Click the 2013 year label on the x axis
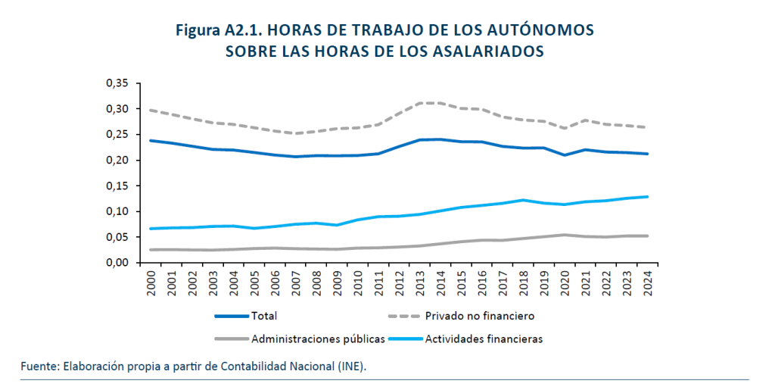(x=418, y=285)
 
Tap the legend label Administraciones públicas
(x=318, y=339)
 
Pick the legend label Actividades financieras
(x=484, y=339)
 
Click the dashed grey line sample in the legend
(x=404, y=315)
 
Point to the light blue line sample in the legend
(x=404, y=339)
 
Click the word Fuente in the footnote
(x=39, y=367)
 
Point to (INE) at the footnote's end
(x=352, y=367)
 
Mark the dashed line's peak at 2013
(x=418, y=103)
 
